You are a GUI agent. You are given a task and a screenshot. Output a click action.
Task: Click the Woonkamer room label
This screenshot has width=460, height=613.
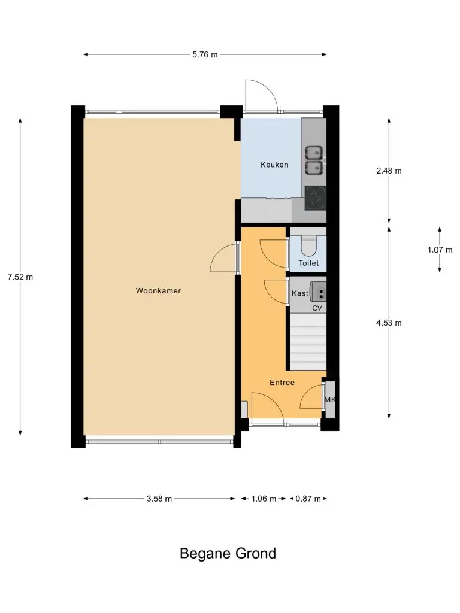(158, 290)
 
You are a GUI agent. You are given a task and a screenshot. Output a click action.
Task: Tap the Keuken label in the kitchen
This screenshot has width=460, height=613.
(274, 165)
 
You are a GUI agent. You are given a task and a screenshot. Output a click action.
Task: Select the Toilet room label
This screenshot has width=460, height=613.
(308, 263)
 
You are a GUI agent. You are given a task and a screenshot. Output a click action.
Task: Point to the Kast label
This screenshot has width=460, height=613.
(300, 293)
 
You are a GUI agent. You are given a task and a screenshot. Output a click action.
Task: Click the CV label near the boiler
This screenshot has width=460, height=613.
(317, 308)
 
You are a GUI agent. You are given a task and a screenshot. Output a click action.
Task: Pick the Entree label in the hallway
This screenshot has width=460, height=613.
(282, 383)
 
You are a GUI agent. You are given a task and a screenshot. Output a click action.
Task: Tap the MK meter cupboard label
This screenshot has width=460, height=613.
(330, 399)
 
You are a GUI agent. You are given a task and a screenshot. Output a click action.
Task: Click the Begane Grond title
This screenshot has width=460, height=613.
(228, 554)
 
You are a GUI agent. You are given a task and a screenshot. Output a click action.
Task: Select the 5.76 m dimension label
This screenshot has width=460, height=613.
(205, 54)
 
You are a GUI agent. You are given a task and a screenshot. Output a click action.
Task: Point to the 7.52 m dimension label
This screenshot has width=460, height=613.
(20, 277)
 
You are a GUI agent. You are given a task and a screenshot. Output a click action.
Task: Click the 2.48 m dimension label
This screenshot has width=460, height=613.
(389, 171)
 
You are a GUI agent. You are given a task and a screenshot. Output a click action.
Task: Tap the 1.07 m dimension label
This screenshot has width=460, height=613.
(440, 250)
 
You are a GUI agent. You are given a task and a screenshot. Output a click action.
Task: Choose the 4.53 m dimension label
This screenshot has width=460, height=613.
(389, 323)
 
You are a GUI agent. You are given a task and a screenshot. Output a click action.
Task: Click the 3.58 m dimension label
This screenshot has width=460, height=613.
(159, 499)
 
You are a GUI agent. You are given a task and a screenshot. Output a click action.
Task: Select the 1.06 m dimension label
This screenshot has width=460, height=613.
(264, 499)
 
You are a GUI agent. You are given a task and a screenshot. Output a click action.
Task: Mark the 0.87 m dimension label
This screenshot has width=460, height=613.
(308, 499)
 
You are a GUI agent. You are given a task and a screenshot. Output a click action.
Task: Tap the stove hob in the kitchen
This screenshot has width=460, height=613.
(315, 198)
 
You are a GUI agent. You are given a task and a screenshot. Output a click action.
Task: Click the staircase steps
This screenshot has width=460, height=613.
(308, 342)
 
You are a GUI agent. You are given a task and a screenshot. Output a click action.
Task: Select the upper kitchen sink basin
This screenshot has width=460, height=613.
(314, 152)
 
